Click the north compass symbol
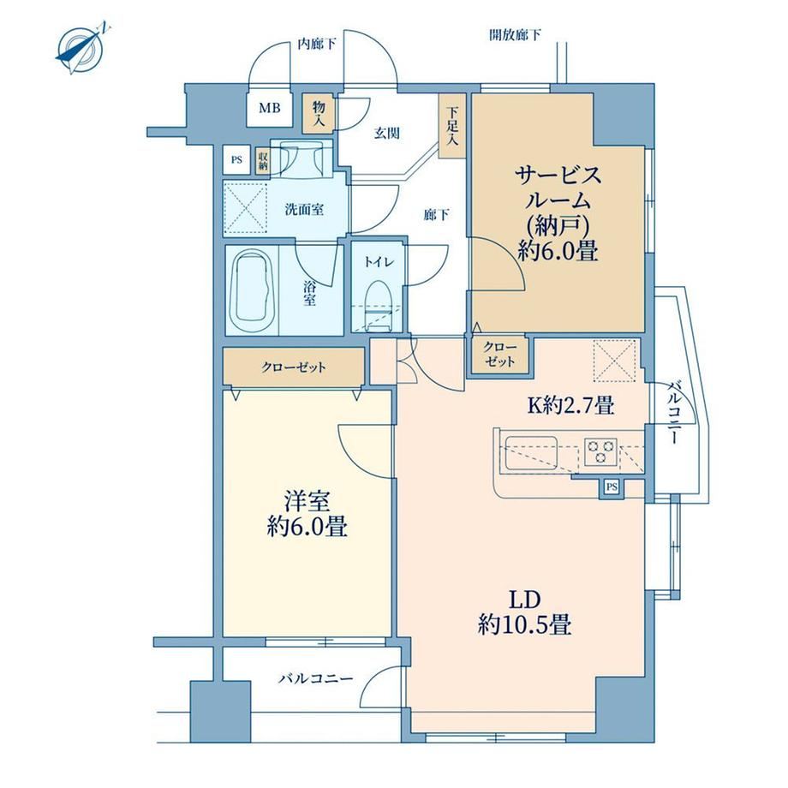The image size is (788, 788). [x=81, y=48]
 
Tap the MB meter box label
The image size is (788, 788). [x=269, y=108]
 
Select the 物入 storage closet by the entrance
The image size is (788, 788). [x=319, y=113]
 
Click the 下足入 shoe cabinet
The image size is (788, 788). [x=451, y=126]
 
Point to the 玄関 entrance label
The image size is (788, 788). [x=387, y=133]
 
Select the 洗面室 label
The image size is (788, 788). [x=304, y=210]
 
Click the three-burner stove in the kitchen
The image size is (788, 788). [x=600, y=451]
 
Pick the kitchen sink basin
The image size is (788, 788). [x=531, y=452]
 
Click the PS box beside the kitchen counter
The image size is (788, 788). [x=612, y=487]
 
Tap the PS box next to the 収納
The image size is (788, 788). [x=236, y=160]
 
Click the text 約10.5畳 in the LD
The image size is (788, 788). [x=524, y=625]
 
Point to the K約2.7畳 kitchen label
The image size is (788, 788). [x=570, y=404]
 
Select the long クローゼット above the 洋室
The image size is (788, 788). [x=294, y=367]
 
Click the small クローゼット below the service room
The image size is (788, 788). [x=500, y=355]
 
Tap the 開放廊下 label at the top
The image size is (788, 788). [x=515, y=34]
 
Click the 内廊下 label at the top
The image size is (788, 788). [x=317, y=45]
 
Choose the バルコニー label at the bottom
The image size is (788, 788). [x=316, y=679]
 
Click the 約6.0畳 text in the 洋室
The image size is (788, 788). [x=307, y=526]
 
